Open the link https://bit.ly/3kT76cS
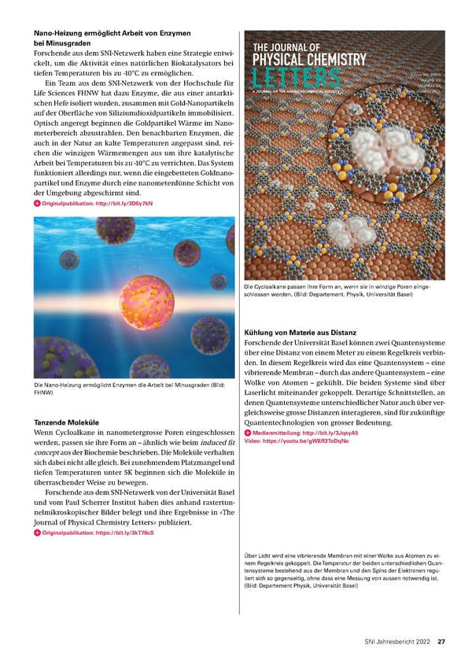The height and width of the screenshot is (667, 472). (x=98, y=532)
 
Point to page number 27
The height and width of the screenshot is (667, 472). (x=442, y=641)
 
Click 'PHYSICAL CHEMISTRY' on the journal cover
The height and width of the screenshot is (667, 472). (x=309, y=60)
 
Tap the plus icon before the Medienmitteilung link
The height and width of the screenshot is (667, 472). (x=248, y=433)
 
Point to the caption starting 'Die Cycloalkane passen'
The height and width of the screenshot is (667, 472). (x=337, y=291)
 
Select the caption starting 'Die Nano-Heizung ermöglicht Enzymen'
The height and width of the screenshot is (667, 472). (x=130, y=388)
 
